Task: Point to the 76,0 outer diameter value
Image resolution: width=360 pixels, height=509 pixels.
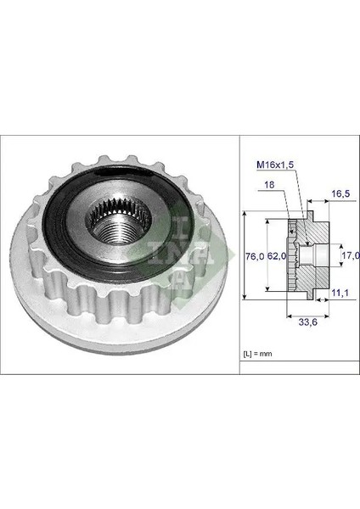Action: tap(253, 255)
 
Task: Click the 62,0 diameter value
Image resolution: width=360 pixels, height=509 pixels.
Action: tap(275, 255)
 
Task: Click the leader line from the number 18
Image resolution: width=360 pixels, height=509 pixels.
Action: tap(284, 199)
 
